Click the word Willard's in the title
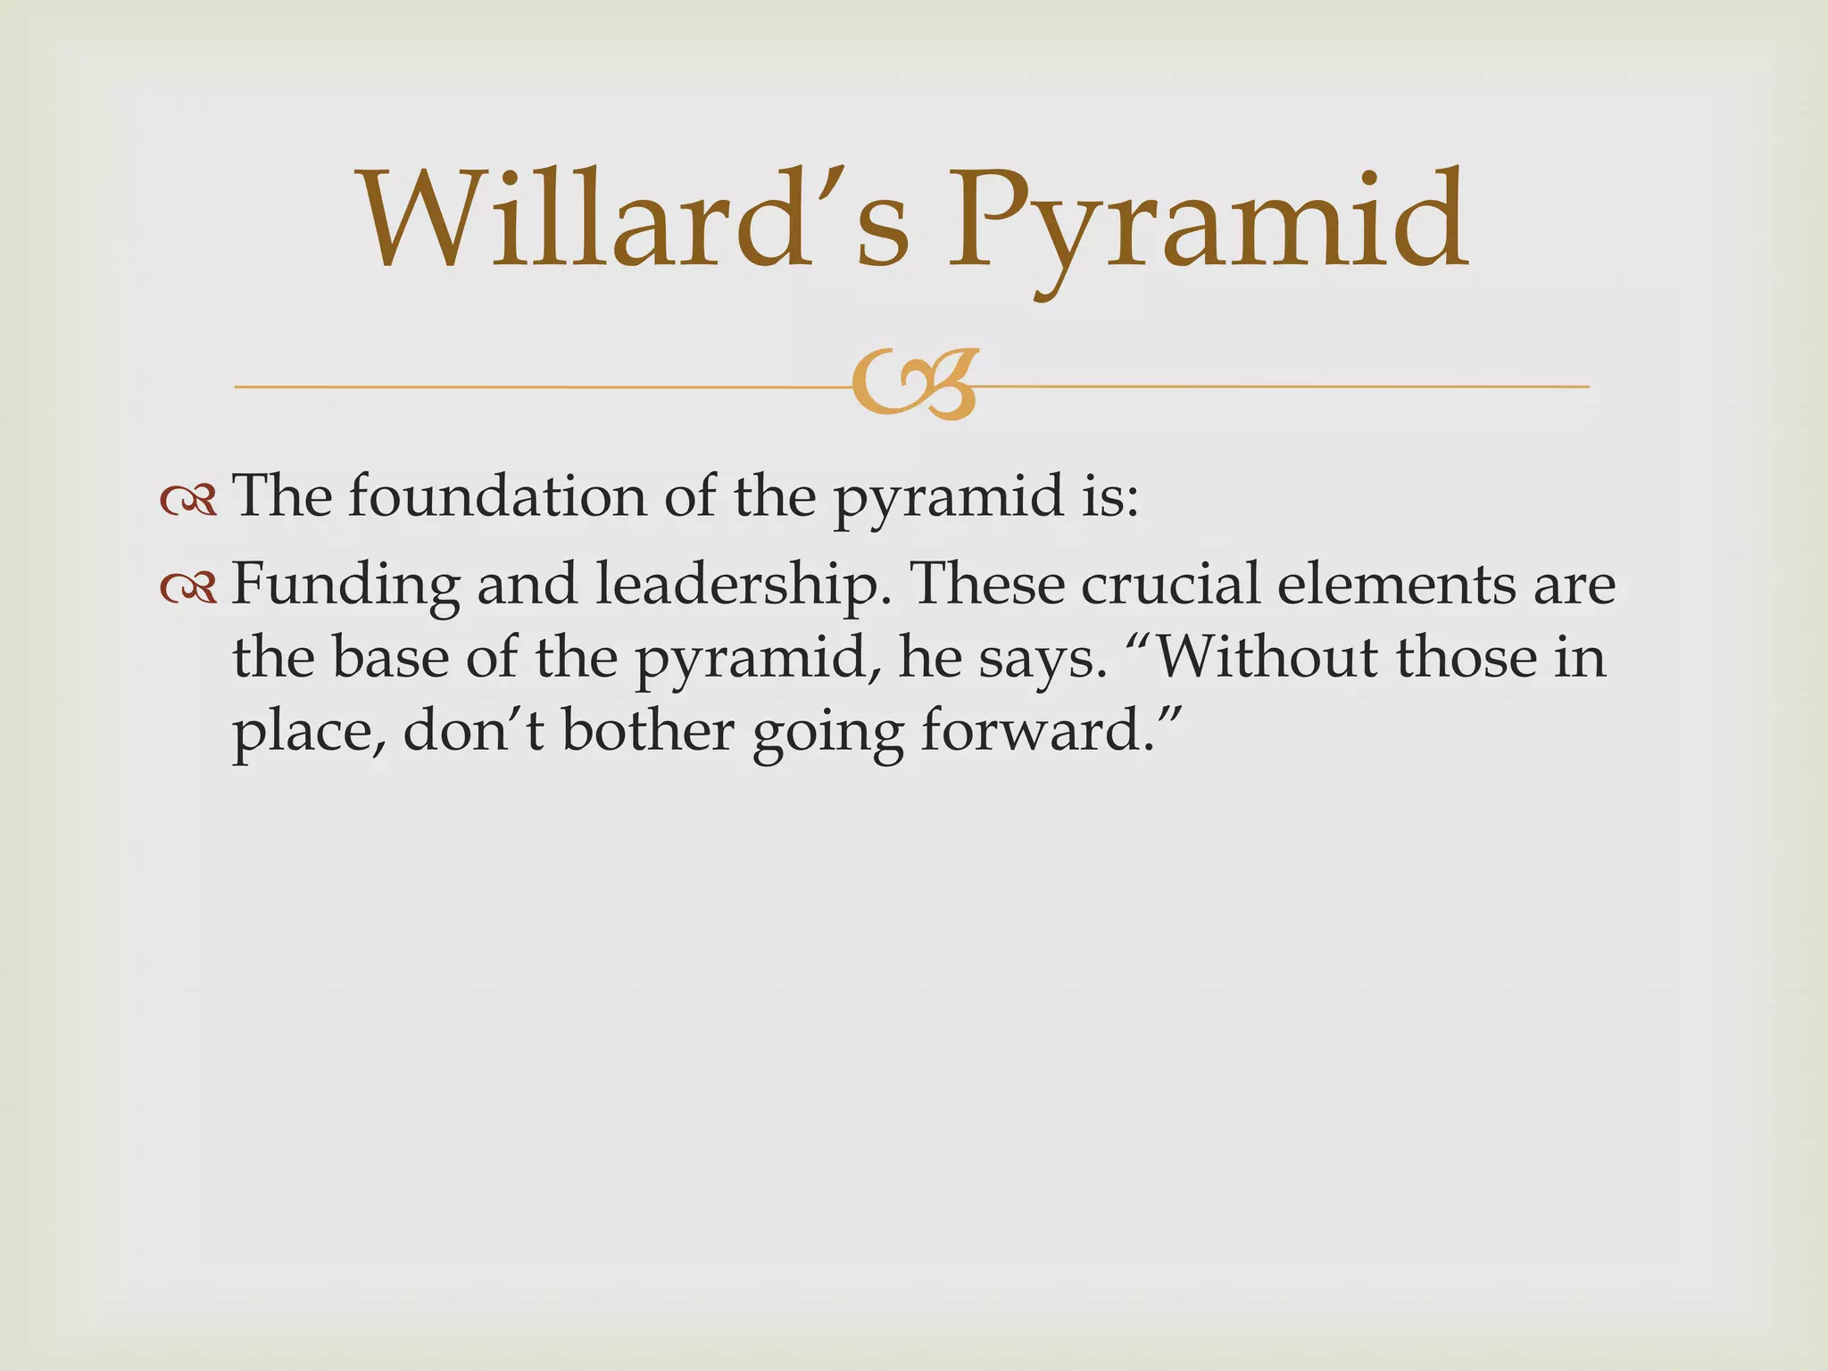[634, 220]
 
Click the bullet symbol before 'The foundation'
[188, 501]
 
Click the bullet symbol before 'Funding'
[188, 586]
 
